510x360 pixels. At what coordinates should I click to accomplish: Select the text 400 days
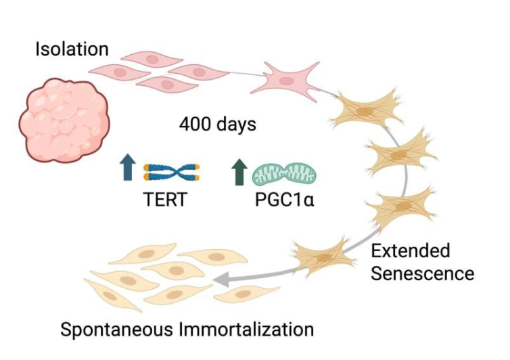point(216,125)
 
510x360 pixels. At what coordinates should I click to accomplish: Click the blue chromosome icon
point(172,172)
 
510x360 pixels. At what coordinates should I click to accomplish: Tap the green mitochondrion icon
point(283,173)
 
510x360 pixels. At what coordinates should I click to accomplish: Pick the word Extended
point(409,251)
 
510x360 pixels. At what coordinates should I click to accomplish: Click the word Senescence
point(421,273)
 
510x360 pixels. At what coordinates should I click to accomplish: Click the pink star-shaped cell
point(287,79)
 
